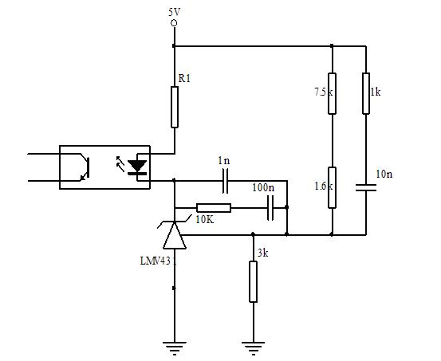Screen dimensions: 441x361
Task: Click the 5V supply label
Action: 174,13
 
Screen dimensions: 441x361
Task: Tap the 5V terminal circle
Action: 174,23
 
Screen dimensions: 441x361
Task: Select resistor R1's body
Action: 175,107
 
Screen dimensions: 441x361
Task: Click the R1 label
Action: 184,79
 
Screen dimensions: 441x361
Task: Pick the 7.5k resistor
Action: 333,93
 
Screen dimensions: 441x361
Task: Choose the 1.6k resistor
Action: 333,187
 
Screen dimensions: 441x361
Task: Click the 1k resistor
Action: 366,93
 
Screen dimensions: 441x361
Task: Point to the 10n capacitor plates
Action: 366,187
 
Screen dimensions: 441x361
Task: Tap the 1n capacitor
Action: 225,181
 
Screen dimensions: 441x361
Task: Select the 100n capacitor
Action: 270,208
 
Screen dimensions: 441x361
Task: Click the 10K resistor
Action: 214,208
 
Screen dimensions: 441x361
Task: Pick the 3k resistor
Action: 253,282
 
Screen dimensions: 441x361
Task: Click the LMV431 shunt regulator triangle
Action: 175,235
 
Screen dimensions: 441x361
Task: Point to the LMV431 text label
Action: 158,261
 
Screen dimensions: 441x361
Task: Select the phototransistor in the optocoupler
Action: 85,167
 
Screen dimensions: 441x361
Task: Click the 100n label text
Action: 263,187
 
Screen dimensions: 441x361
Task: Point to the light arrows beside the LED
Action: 120,163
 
